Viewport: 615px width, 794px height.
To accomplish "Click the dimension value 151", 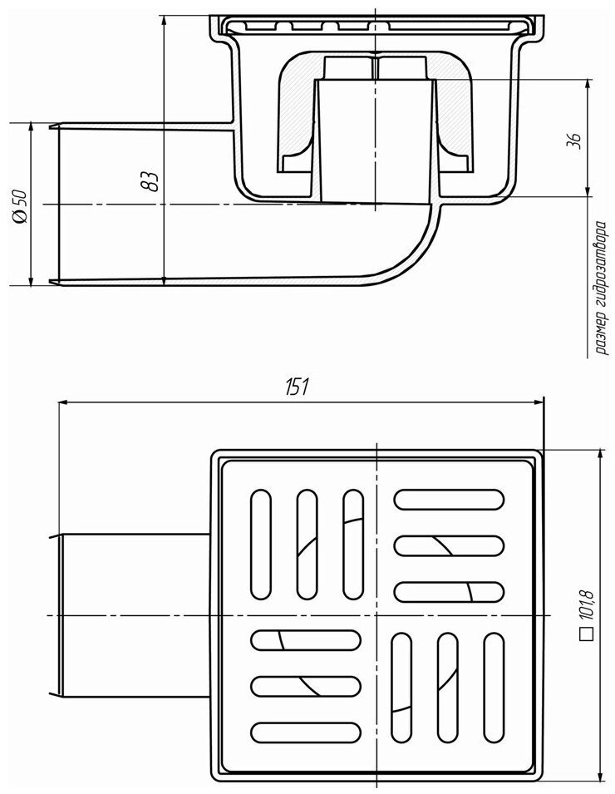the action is click(x=298, y=387).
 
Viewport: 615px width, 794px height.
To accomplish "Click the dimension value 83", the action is click(x=150, y=181).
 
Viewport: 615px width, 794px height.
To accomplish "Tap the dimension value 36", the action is click(x=575, y=141).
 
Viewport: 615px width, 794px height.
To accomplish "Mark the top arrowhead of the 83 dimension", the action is click(x=164, y=22).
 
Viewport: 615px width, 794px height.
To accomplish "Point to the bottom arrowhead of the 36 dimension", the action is click(x=588, y=190).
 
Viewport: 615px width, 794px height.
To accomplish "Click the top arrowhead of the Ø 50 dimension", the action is click(x=31, y=128).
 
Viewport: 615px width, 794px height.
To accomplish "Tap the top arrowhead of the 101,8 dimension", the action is click(x=600, y=456).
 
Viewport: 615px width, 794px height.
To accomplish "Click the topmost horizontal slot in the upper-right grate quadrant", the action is click(x=449, y=499).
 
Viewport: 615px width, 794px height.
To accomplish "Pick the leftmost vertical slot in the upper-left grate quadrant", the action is click(x=261, y=545).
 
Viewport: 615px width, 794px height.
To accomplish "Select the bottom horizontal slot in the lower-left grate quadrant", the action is click(x=306, y=732).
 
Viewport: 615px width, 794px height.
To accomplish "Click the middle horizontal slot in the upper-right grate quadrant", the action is click(x=449, y=545).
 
